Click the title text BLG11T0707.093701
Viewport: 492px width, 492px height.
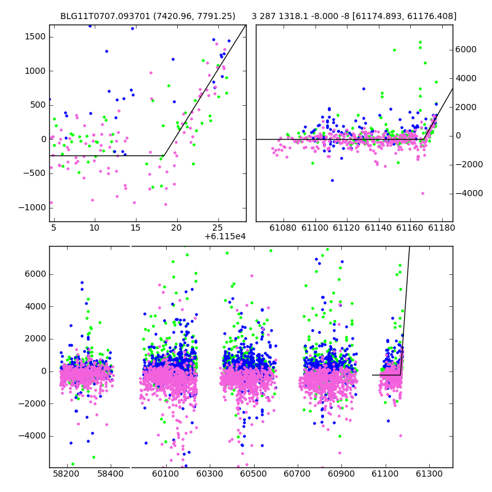coord(105,16)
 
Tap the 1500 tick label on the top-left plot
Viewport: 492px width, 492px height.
coord(35,37)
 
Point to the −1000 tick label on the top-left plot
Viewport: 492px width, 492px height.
coord(32,207)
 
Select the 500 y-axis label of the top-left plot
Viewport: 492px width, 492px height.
coord(38,105)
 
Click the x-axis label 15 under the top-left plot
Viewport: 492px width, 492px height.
coord(135,228)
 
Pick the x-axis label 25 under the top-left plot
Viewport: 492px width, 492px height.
coord(218,228)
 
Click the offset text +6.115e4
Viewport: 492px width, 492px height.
coord(225,236)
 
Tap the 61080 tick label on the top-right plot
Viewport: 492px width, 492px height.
coord(283,228)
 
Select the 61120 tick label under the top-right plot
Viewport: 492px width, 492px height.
coord(347,228)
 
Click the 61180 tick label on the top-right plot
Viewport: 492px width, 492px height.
coord(442,228)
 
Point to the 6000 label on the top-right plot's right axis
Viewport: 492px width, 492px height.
coord(466,49)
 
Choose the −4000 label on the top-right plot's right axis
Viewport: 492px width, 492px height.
coord(469,193)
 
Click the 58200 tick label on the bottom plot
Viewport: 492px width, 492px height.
coord(66,474)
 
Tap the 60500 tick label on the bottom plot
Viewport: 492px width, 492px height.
coord(253,474)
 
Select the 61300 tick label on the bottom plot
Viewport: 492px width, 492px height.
coord(429,474)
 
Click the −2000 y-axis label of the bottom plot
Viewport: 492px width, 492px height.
coord(32,403)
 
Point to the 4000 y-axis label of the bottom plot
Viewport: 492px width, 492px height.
coord(35,306)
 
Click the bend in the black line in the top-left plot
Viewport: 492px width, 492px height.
coord(164,156)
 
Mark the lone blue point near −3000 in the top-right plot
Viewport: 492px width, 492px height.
coord(332,180)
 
